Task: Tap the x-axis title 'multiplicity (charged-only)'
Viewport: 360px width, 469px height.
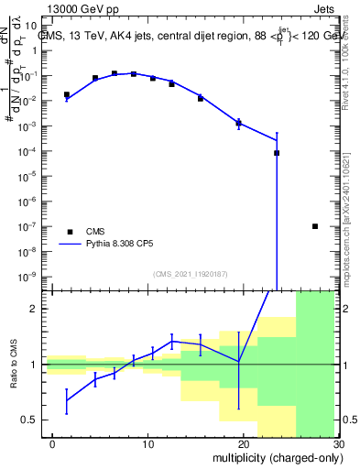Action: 275,457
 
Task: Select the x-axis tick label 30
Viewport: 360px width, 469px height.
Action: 336,445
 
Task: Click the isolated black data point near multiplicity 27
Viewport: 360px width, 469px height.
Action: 315,226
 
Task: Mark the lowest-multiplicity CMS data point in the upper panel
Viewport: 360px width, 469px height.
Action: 67,94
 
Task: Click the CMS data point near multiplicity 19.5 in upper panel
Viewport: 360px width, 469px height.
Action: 238,123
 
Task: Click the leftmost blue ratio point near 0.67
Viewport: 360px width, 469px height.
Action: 67,399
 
